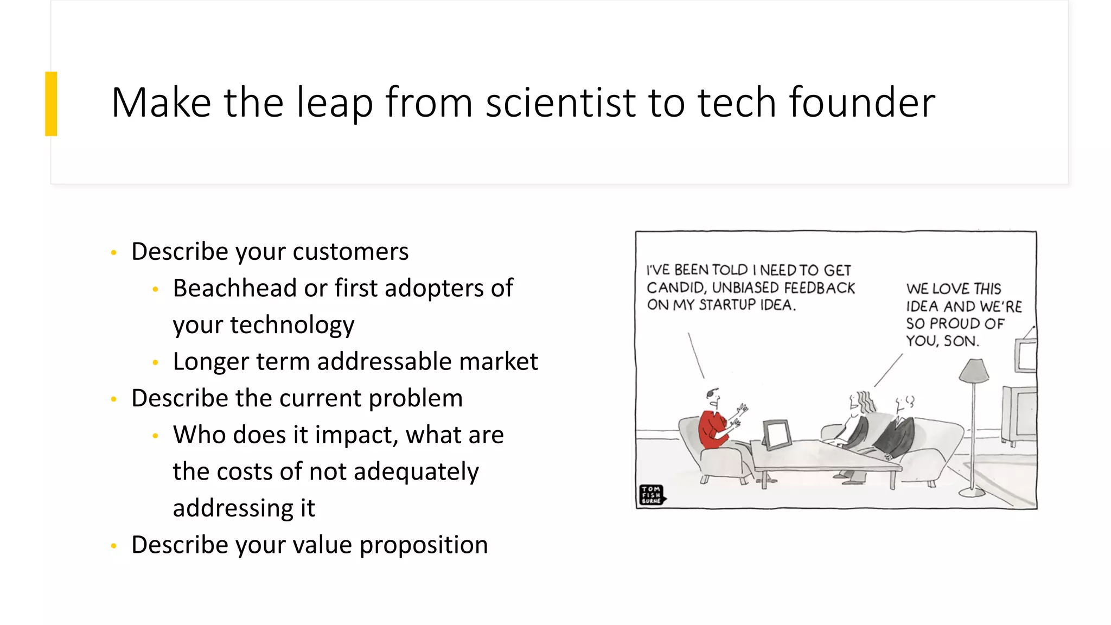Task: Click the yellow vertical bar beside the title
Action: [x=51, y=104]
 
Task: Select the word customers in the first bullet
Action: [x=350, y=252]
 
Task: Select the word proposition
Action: [x=424, y=545]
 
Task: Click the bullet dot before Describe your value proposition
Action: [x=113, y=546]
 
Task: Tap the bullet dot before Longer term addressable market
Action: [x=155, y=362]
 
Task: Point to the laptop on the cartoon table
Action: [x=777, y=434]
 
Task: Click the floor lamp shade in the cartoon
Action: [x=974, y=371]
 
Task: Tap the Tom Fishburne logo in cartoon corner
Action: [x=652, y=495]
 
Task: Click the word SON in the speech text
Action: [x=961, y=341]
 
